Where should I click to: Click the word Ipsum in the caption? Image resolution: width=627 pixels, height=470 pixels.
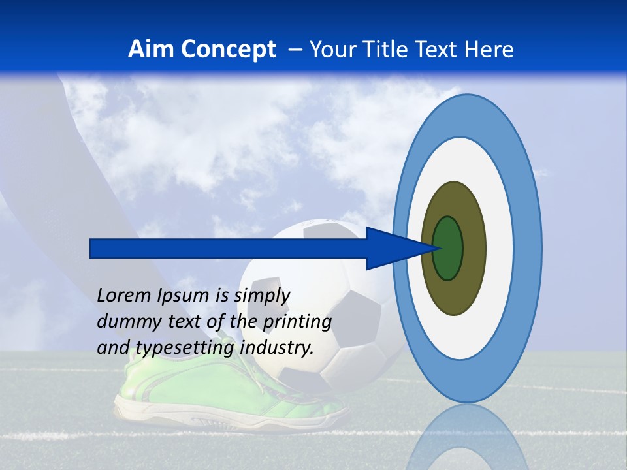(x=184, y=296)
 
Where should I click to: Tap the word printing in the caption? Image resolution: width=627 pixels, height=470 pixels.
(x=297, y=322)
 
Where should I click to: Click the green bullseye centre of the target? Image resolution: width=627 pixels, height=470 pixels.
(x=448, y=248)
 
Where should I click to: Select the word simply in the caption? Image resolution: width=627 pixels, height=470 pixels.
(x=261, y=296)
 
